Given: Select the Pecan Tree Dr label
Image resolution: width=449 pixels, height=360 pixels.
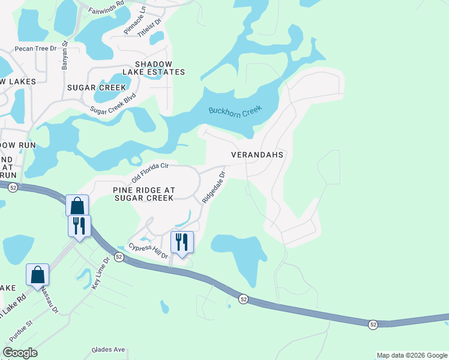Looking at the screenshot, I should (35, 48).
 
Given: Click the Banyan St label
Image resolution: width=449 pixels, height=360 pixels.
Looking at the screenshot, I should (65, 56).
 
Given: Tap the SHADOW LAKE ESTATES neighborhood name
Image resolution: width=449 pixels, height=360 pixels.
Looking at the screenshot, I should (154, 68).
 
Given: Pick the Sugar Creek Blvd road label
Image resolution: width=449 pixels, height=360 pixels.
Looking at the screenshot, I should (113, 103).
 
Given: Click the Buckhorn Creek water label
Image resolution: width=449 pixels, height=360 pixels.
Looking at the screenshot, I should (236, 112).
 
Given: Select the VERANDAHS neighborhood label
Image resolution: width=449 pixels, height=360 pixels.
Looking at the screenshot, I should (257, 154).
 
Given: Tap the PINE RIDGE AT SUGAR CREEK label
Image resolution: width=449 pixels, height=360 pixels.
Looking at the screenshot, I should (144, 194).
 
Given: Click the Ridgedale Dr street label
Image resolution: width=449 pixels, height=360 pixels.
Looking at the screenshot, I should (214, 187).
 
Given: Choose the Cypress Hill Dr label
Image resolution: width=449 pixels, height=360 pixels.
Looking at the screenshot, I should (148, 251).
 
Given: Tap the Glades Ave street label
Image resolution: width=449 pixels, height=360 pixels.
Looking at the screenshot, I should (108, 349).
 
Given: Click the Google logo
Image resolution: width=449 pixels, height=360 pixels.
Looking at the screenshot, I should (20, 353).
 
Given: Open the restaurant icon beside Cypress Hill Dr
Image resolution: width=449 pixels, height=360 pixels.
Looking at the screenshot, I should (182, 242).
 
